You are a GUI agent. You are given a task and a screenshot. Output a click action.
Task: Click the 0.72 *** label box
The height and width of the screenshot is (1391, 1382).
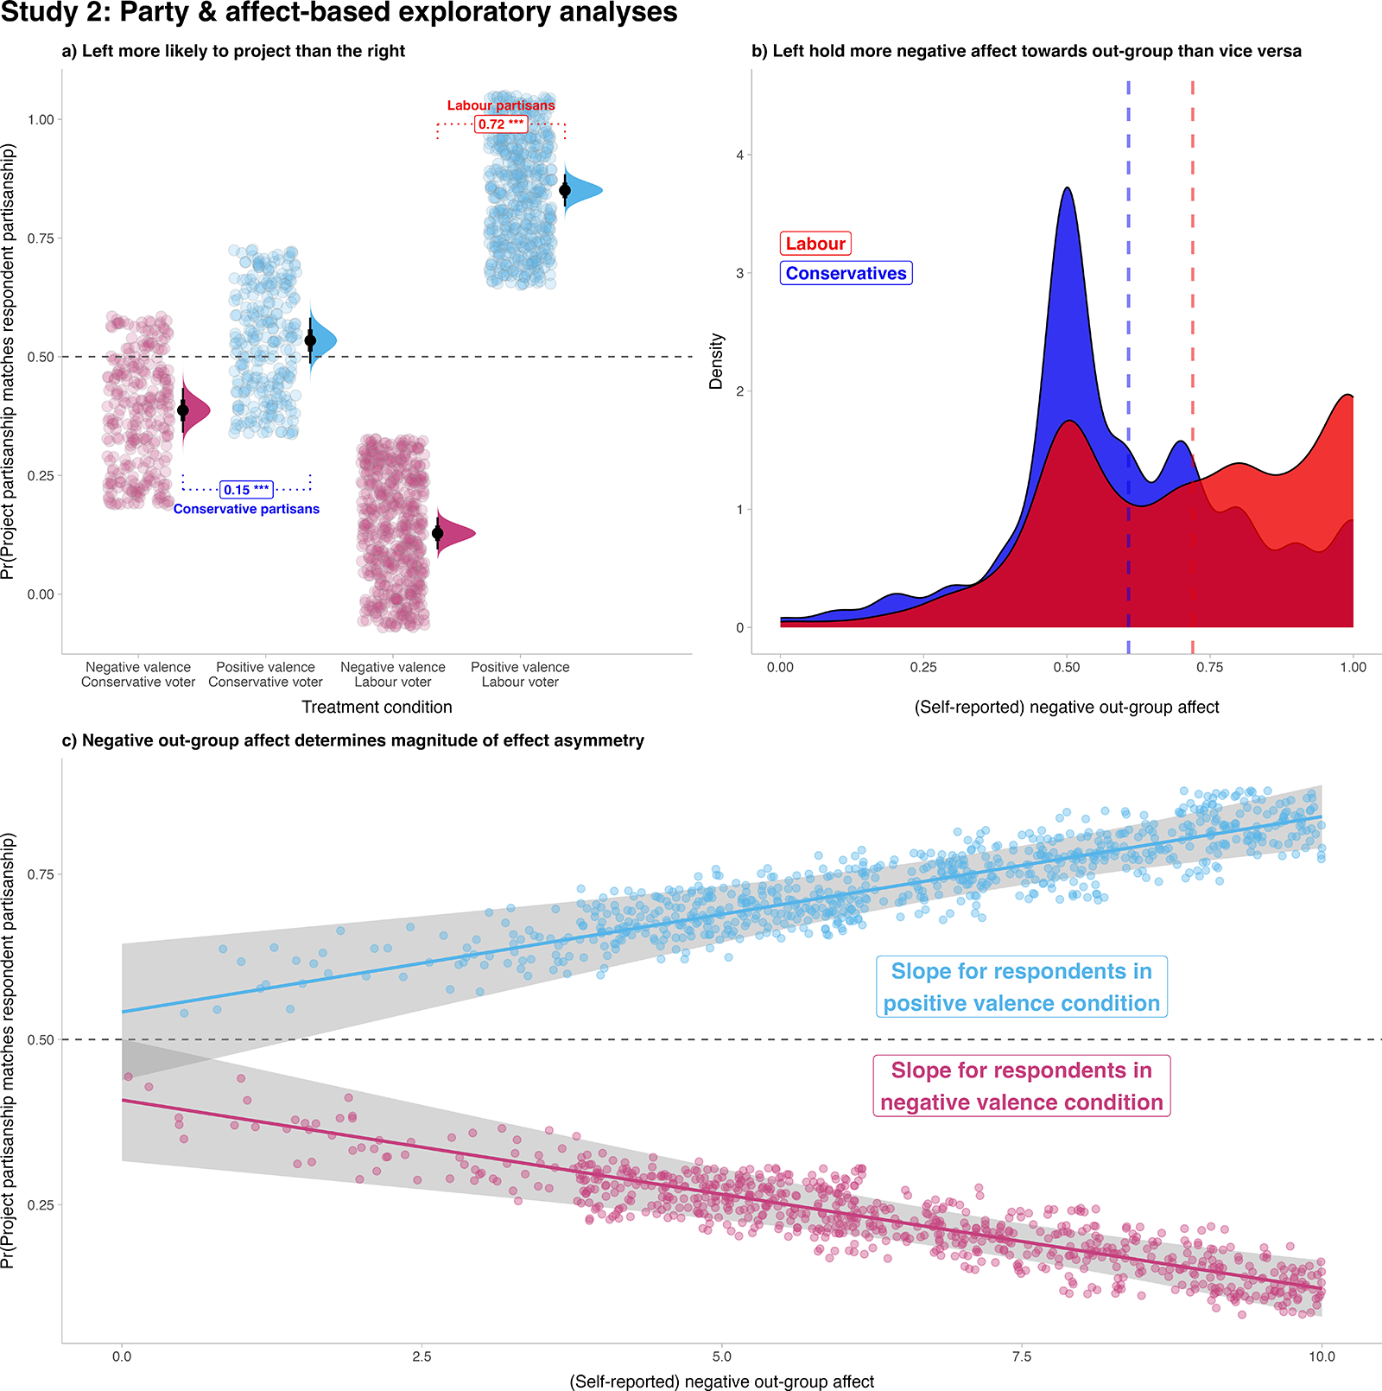coord(501,124)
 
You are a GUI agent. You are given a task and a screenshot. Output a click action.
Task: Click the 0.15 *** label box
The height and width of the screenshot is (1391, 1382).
coord(246,490)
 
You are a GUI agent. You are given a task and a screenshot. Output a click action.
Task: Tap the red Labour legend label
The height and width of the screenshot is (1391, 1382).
coord(815,244)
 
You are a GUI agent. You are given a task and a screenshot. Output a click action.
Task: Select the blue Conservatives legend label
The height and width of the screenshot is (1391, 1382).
coord(846,273)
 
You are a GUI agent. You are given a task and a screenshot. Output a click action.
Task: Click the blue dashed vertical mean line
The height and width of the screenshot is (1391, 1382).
coord(1128,346)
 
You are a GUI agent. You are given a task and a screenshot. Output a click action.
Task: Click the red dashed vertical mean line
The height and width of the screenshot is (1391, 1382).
coord(1193,346)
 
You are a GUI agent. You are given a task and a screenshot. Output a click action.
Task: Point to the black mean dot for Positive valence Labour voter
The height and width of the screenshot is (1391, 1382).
coord(565,190)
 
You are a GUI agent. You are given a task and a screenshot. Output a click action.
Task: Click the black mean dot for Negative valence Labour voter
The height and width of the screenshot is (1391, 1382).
coord(438,533)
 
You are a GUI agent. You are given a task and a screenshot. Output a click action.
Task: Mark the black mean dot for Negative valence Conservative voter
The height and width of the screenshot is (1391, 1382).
coord(183,410)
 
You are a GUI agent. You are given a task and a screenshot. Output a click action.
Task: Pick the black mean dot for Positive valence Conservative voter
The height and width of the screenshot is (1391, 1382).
coord(310,340)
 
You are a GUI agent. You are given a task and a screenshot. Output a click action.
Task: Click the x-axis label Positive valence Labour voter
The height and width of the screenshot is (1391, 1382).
coord(520,674)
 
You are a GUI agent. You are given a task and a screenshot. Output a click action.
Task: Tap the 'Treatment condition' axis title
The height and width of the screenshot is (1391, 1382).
coord(377,707)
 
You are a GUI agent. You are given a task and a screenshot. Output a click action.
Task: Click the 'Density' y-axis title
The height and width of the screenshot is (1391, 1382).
coord(716,361)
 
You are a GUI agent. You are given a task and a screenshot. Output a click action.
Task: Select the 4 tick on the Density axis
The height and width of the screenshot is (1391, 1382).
coord(739,156)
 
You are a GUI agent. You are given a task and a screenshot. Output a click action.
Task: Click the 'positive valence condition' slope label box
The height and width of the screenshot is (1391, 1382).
coord(1021,987)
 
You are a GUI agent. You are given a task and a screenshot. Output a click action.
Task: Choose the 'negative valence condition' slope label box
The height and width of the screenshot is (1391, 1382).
coord(1021,1086)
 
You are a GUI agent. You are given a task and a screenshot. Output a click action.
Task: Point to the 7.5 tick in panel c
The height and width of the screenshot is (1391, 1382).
coord(1021,1356)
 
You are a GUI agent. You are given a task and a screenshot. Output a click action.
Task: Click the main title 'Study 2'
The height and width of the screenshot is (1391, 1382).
coord(339,13)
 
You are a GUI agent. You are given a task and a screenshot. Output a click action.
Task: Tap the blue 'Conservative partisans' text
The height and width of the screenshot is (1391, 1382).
coord(246,509)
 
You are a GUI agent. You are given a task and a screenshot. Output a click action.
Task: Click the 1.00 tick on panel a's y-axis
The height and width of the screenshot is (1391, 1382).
coord(41,119)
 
